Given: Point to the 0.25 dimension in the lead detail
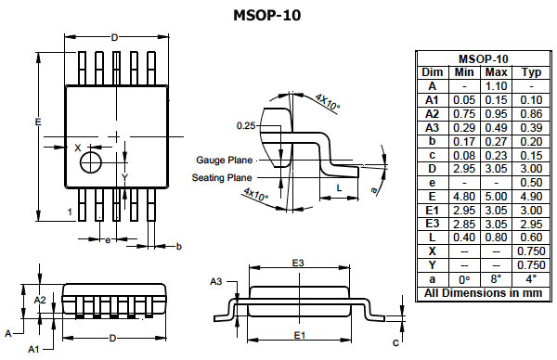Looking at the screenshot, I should pyautogui.click(x=245, y=125).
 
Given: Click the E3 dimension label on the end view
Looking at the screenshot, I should pyautogui.click(x=299, y=264).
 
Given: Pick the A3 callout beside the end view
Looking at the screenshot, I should pyautogui.click(x=216, y=281).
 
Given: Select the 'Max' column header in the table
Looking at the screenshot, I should pyautogui.click(x=497, y=72).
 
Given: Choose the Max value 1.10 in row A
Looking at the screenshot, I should pyautogui.click(x=497, y=86).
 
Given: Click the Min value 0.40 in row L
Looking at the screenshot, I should pyautogui.click(x=462, y=238).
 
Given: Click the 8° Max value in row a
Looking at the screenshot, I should pyautogui.click(x=497, y=279).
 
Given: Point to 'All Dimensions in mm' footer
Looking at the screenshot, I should pyautogui.click(x=481, y=293).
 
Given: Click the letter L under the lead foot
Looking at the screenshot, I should pyautogui.click(x=341, y=187).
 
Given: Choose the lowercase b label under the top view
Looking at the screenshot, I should pyautogui.click(x=178, y=246).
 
